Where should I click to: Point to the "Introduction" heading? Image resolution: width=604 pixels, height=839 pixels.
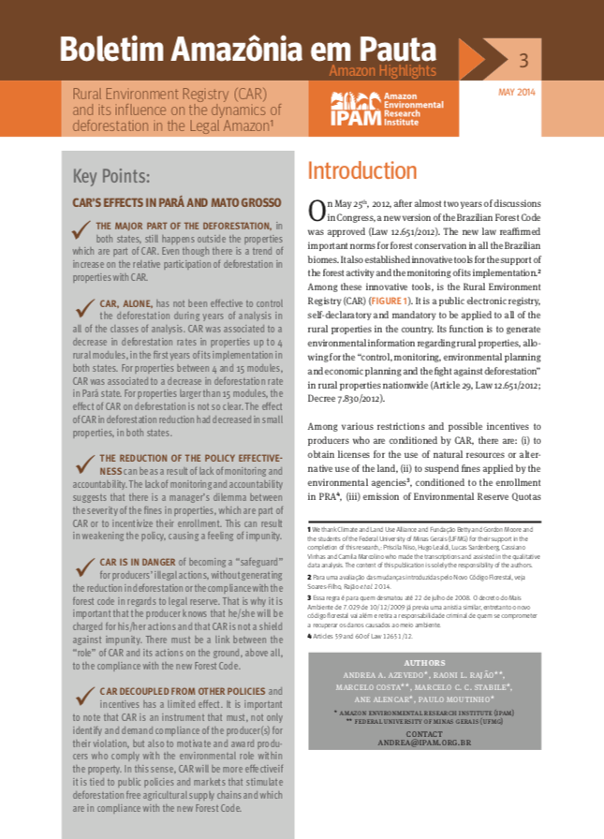tap(362, 171)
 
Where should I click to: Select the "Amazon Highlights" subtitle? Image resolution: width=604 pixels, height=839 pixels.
tap(382, 71)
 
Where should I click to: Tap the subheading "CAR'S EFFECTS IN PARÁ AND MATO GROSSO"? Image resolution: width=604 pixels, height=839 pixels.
tap(176, 202)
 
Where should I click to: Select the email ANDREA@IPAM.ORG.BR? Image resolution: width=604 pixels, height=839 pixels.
tap(424, 742)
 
